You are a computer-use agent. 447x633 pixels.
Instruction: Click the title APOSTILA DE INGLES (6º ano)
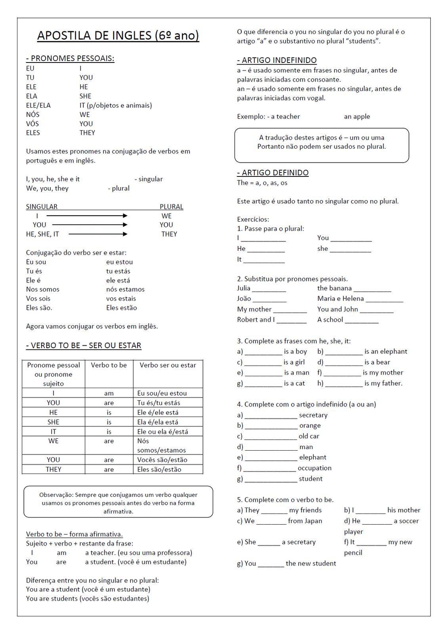118,36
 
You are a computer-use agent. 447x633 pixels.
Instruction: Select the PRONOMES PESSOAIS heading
70,59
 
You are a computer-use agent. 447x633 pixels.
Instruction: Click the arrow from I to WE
87,216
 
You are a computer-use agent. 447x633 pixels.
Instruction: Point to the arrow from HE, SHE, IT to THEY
98,234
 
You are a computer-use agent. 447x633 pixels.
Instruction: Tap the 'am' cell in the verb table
109,393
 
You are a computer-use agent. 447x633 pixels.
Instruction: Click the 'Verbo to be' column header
109,365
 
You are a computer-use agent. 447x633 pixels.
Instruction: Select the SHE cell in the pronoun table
53,422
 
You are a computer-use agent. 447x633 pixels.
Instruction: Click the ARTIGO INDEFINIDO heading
277,61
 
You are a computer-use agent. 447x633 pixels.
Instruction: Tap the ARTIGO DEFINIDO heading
273,173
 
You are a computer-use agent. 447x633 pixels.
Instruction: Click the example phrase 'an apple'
357,117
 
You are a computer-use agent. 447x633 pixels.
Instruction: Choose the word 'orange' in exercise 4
310,426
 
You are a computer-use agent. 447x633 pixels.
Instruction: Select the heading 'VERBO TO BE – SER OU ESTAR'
84,346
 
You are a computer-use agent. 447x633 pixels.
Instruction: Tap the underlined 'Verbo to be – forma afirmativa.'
74,534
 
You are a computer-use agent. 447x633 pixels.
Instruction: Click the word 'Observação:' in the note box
56,495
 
